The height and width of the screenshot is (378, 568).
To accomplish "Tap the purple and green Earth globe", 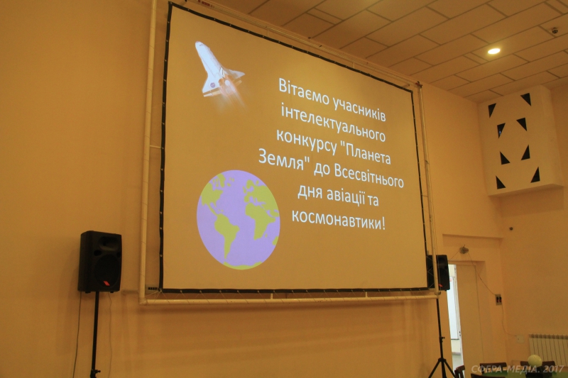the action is pyautogui.click(x=238, y=220).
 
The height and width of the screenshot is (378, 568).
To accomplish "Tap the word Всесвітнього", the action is pyautogui.click(x=368, y=177).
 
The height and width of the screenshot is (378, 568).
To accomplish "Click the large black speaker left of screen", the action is pyautogui.click(x=99, y=262).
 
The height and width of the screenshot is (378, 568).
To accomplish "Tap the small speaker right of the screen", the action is pyautogui.click(x=439, y=272).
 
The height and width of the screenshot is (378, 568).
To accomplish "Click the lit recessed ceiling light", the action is pyautogui.click(x=493, y=51).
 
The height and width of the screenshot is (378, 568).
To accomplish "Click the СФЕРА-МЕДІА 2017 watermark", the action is pyautogui.click(x=517, y=369).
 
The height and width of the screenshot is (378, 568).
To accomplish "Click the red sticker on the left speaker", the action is pyautogui.click(x=106, y=283).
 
